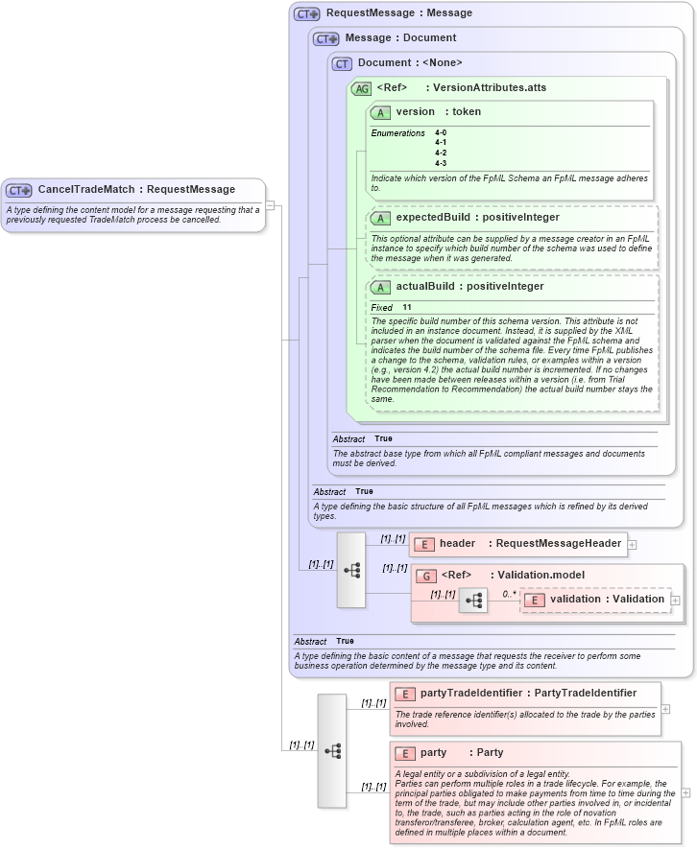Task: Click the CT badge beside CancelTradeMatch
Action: coord(19,190)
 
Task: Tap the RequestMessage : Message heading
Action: coord(398,13)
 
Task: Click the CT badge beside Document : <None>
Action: coord(342,63)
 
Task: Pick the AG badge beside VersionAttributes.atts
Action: coord(361,88)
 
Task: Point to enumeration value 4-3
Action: coord(441,163)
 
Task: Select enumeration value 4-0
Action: coord(441,132)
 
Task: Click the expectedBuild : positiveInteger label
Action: coord(477,218)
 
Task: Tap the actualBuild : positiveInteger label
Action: coord(469,287)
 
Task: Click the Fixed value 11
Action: coord(407,307)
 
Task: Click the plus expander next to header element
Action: coord(632,544)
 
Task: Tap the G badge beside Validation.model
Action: coord(426,576)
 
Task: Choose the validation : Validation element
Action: coord(606,600)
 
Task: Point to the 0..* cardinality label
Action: coord(509,594)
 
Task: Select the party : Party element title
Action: coord(461,753)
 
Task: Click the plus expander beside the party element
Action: coord(685,792)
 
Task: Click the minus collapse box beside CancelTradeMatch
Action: coord(271,205)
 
